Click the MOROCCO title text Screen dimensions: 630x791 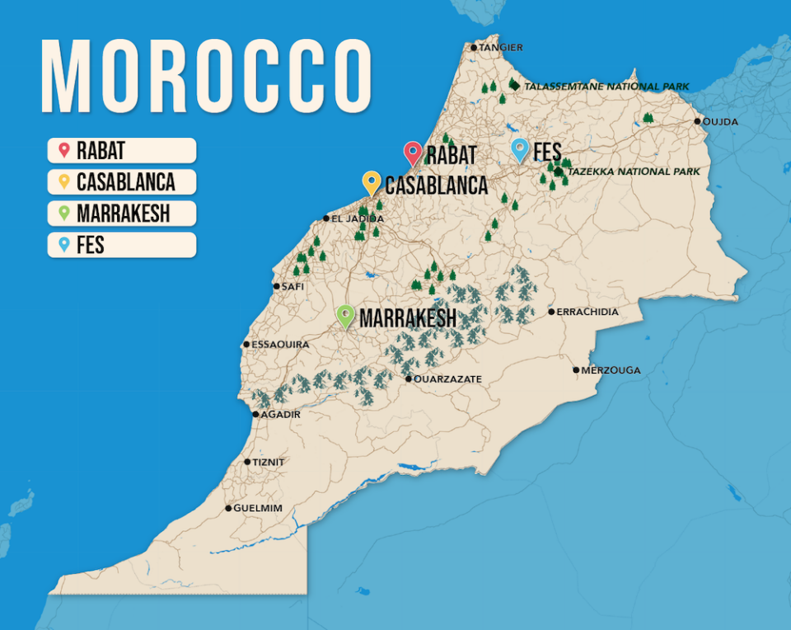(206, 77)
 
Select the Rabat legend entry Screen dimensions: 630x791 (122, 151)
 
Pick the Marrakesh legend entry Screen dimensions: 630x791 (122, 214)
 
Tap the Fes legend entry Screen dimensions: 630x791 (122, 245)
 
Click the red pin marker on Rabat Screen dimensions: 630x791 (413, 153)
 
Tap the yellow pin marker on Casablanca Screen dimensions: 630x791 (372, 182)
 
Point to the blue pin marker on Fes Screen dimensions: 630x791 (520, 149)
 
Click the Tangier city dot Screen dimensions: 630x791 (474, 48)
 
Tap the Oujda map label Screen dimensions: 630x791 (720, 122)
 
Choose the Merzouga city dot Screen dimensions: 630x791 (577, 370)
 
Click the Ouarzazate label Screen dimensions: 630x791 (447, 379)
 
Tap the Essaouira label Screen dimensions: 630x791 (281, 345)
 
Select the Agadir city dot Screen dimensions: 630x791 (255, 415)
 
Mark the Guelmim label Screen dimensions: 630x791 (258, 509)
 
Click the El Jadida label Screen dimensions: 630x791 (358, 219)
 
